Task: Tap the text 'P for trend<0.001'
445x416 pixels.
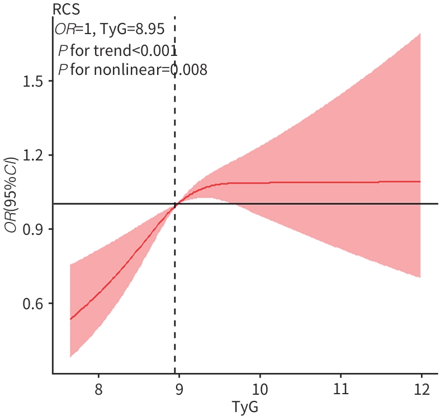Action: pos(117,50)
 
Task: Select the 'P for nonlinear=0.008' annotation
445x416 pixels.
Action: pos(132,69)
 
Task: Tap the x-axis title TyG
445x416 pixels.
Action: pos(245,406)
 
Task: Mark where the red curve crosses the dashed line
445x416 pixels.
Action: pos(175,205)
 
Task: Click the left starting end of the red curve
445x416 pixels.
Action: pos(70,319)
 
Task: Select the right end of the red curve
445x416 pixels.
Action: pos(420,181)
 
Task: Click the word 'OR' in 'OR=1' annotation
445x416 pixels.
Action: pos(64,29)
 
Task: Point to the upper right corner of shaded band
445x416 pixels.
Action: pos(419,34)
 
